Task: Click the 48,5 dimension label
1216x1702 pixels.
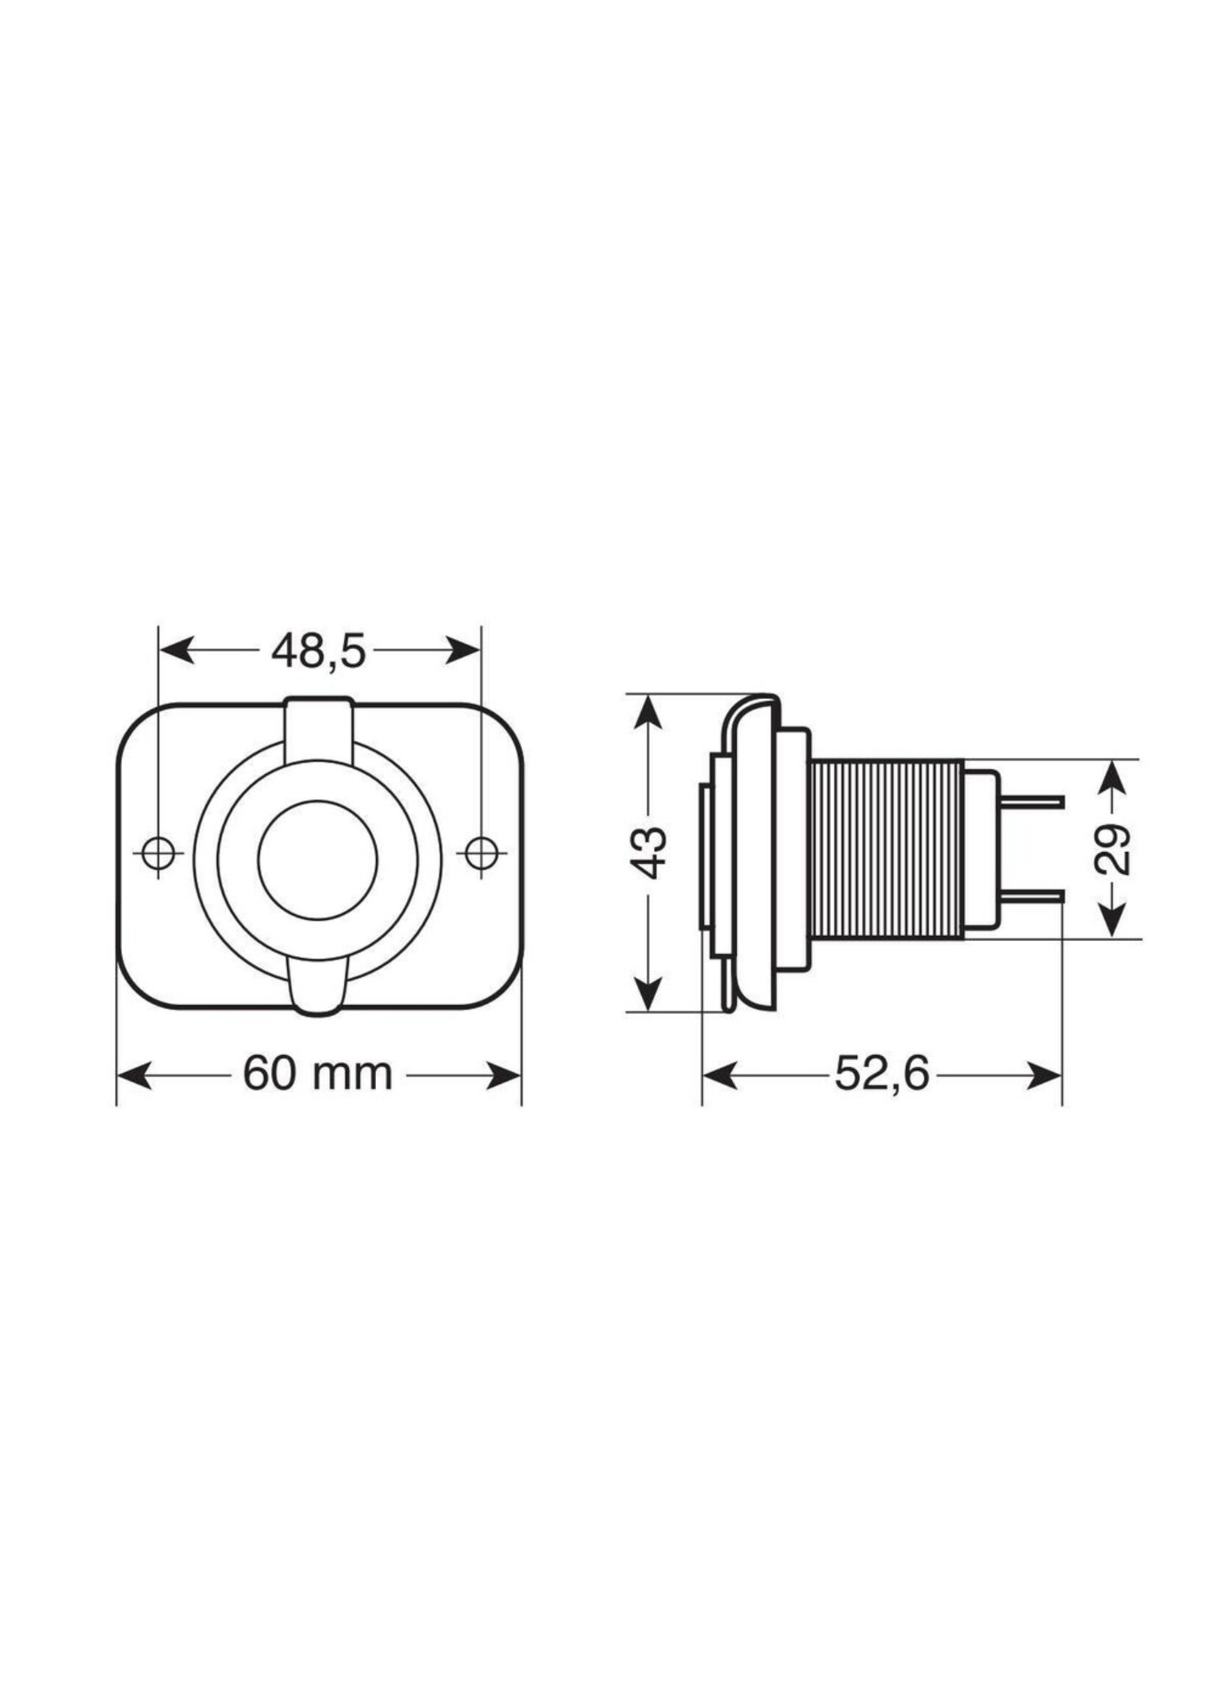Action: pyautogui.click(x=318, y=652)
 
